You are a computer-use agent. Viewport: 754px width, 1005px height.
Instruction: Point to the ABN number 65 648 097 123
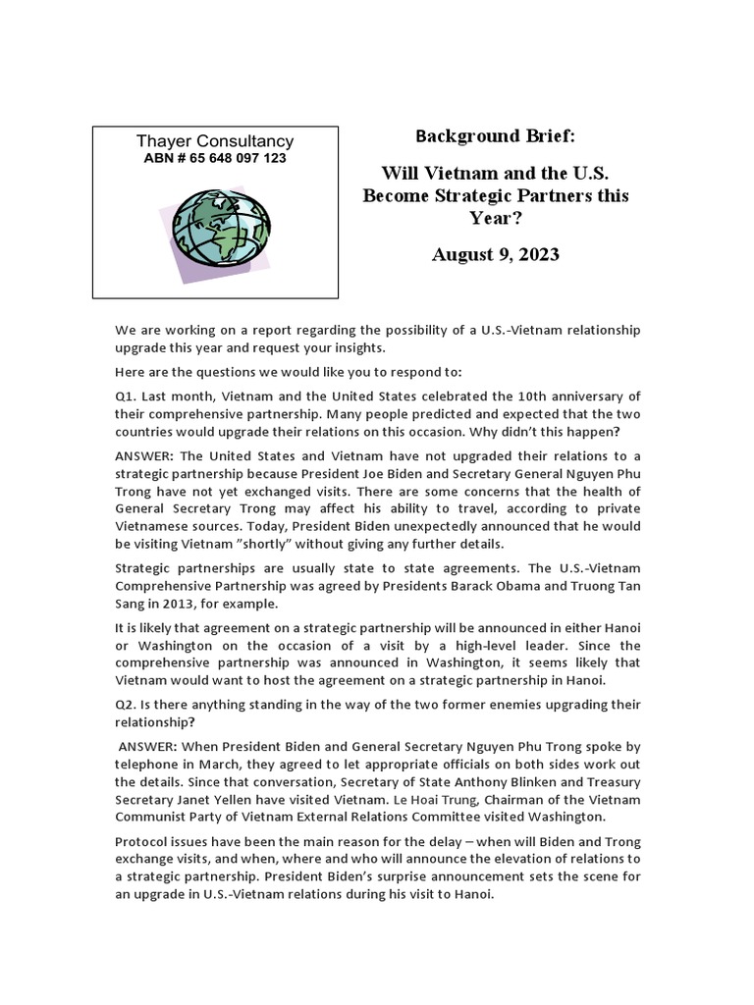pos(216,158)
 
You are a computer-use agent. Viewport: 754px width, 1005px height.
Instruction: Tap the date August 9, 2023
pos(495,254)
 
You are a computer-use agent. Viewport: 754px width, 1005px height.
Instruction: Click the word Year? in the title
pos(495,217)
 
